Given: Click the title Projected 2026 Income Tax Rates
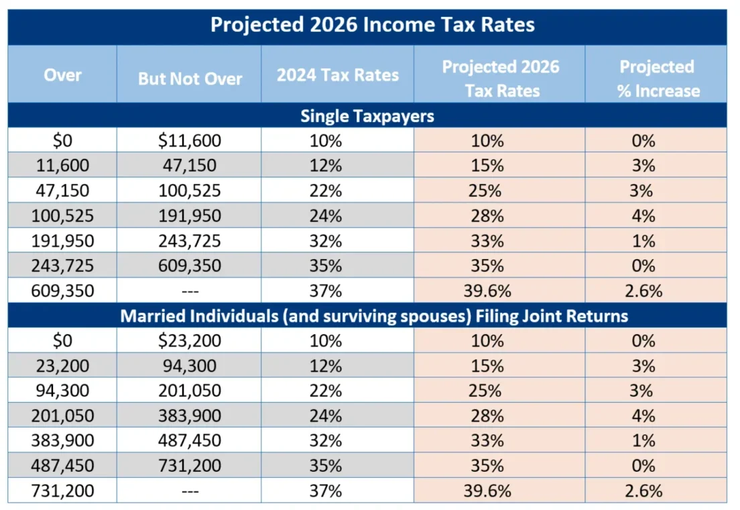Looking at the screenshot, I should tap(373, 25).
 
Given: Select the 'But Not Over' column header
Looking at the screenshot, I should tap(190, 79).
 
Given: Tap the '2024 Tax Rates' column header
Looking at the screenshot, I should tap(337, 74).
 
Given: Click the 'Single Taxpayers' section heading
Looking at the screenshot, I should tap(367, 115).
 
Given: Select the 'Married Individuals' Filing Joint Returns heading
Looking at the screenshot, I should tap(374, 315).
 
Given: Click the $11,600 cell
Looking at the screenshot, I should tap(190, 141).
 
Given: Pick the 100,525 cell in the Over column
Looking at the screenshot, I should tap(62, 216).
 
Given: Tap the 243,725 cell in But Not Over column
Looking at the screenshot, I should tap(190, 241).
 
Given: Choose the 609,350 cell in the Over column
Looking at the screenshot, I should tap(62, 291).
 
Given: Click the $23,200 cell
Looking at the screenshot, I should tap(190, 341).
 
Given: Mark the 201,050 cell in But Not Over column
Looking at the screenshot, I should tap(190, 391).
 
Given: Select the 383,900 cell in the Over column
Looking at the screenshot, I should tap(62, 440).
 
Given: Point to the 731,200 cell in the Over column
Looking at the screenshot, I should tap(62, 491).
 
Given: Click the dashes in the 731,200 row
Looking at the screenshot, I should tap(190, 491).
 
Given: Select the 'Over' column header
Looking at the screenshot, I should tap(62, 74).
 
